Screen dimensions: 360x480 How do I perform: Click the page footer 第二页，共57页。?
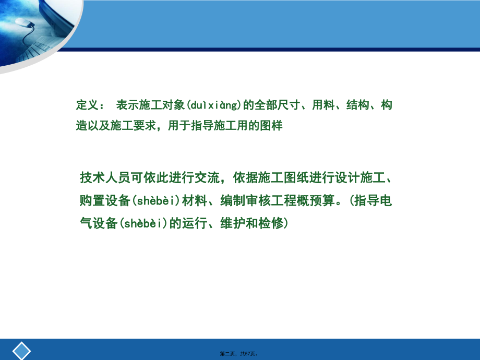click(239, 353)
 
